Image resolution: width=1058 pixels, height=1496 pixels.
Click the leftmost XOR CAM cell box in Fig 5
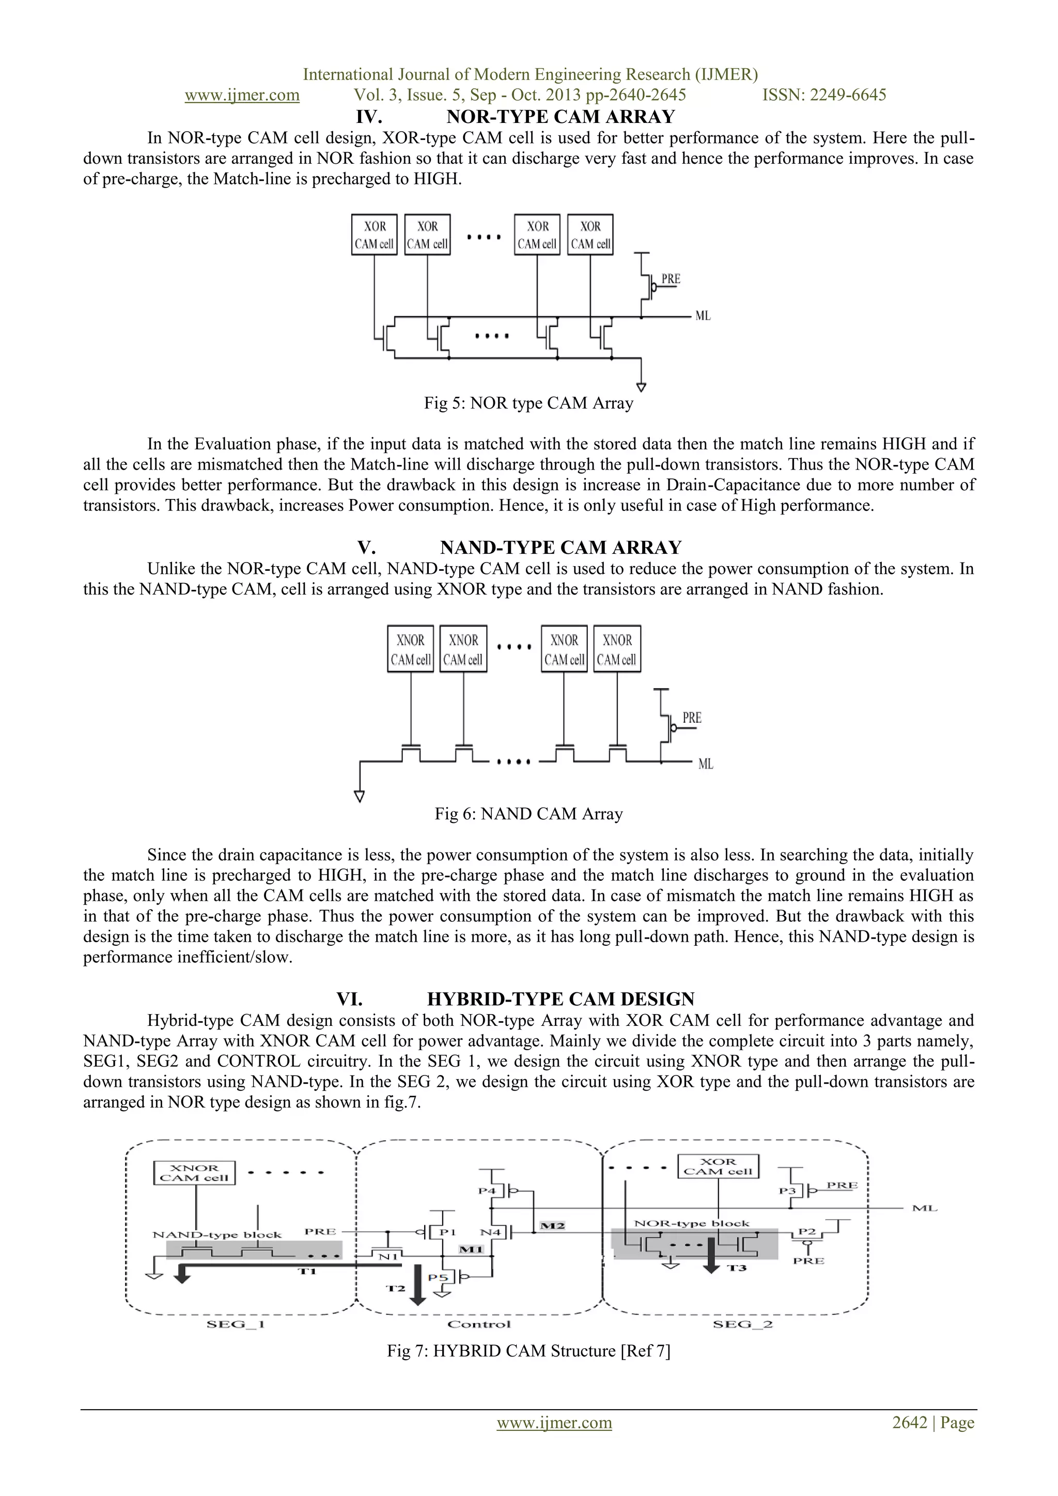(x=374, y=235)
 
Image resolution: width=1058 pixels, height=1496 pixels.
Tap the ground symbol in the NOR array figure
(x=641, y=387)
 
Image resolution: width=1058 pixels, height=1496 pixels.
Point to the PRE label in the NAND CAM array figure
(x=691, y=718)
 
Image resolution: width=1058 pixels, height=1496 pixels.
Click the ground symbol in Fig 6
(x=359, y=796)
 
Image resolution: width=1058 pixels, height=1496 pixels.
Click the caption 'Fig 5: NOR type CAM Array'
(x=528, y=403)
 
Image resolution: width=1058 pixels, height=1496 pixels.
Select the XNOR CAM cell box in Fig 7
(x=194, y=1173)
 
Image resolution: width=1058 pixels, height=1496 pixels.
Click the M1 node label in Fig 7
(x=471, y=1249)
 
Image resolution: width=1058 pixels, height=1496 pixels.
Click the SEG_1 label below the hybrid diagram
(x=235, y=1324)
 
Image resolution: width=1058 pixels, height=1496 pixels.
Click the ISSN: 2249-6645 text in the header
(x=824, y=95)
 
